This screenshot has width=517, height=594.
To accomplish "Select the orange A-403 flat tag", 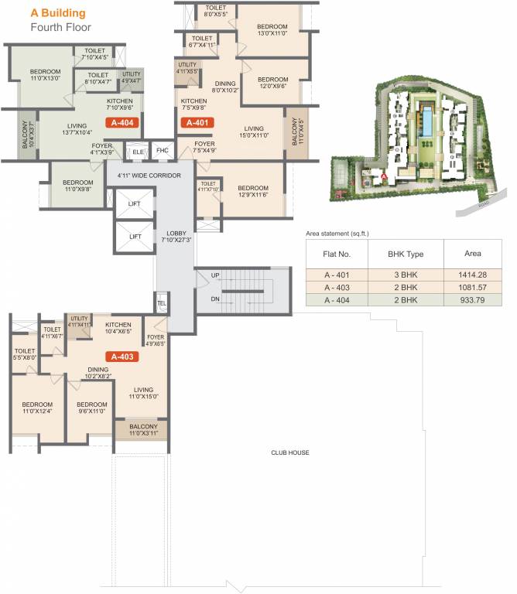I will (124, 357).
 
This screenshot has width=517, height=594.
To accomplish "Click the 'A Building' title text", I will (58, 13).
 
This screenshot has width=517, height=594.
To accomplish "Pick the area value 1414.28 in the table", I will (472, 274).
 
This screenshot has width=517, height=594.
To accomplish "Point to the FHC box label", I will (162, 150).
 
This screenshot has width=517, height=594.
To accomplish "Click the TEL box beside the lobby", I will (162, 303).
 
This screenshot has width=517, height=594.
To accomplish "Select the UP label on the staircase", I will (216, 275).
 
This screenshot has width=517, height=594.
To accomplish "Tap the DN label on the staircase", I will (216, 299).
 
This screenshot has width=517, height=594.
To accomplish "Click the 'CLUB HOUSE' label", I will (290, 452).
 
